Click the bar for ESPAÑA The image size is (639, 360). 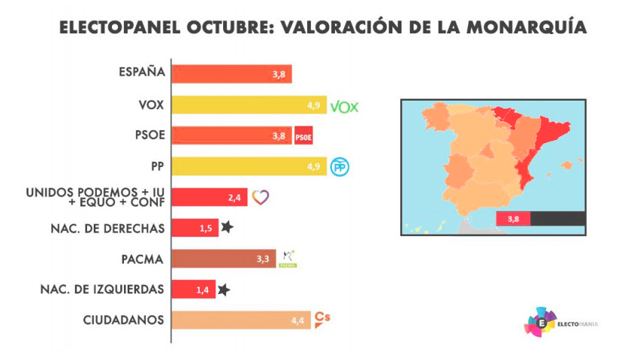click(x=231, y=73)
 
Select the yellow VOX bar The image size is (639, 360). click(x=250, y=104)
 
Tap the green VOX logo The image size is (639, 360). click(x=344, y=105)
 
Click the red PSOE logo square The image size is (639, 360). click(x=303, y=136)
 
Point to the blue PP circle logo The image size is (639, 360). click(x=340, y=167)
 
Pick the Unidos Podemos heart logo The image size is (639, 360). click(x=260, y=197)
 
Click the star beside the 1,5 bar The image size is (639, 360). click(x=227, y=227)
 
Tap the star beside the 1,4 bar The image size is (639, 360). click(x=223, y=289)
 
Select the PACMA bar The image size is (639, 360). click(x=223, y=259)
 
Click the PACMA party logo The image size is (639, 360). click(x=287, y=259)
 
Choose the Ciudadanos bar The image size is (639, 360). click(x=241, y=320)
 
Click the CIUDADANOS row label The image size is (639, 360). click(x=123, y=320)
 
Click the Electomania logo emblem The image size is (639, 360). click(x=541, y=321)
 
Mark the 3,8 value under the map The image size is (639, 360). click(x=513, y=219)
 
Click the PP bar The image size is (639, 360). click(x=250, y=166)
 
